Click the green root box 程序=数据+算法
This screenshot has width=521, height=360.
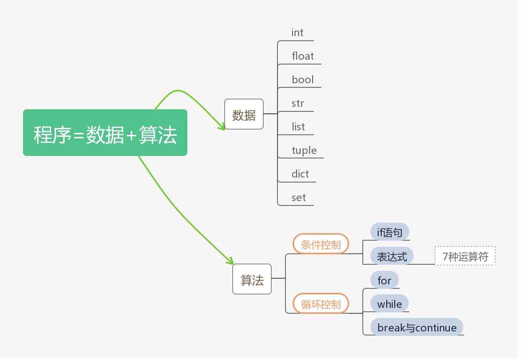105,133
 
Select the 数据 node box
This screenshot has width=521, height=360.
244,114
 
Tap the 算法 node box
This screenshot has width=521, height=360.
252,279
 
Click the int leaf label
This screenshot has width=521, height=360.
298,33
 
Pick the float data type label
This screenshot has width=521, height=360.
303,56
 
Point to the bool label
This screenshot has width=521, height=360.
303,80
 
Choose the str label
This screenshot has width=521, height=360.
298,103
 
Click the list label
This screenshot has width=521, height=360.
298,127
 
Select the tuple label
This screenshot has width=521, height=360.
304,150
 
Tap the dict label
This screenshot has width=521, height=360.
300,174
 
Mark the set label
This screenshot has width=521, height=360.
299,198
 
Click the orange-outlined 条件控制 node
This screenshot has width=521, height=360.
321,244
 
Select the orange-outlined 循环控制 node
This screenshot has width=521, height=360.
321,304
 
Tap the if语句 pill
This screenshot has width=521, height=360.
390,232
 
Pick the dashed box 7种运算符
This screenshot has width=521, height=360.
465,256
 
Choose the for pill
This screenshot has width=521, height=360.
384,280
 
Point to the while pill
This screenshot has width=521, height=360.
389,304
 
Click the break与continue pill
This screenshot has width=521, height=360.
417,327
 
